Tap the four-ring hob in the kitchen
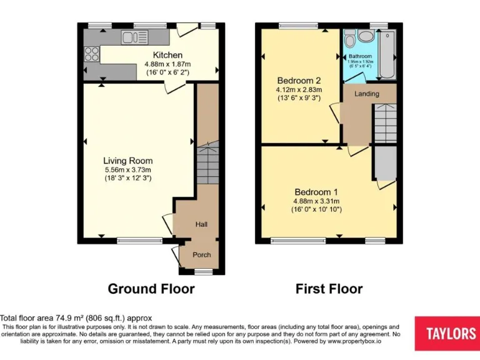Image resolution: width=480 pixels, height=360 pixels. (91, 53)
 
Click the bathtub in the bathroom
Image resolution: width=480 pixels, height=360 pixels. (387, 55)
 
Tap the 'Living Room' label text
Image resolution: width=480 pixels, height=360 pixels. (127, 161)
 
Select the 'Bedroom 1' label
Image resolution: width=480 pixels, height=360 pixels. (316, 192)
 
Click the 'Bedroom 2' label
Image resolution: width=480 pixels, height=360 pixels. (299, 80)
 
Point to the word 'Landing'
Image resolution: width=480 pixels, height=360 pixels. (366, 94)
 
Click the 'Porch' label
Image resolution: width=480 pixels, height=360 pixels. (201, 254)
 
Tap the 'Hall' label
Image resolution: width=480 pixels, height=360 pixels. (201, 224)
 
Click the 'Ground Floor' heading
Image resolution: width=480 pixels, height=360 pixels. (151, 289)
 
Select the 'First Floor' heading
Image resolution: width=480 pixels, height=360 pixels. (329, 289)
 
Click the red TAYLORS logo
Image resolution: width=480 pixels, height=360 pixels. (447, 333)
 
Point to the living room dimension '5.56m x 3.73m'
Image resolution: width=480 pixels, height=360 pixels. (127, 169)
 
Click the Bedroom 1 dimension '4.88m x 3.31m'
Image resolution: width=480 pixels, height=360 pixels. (316, 201)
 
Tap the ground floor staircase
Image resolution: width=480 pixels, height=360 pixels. (207, 164)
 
